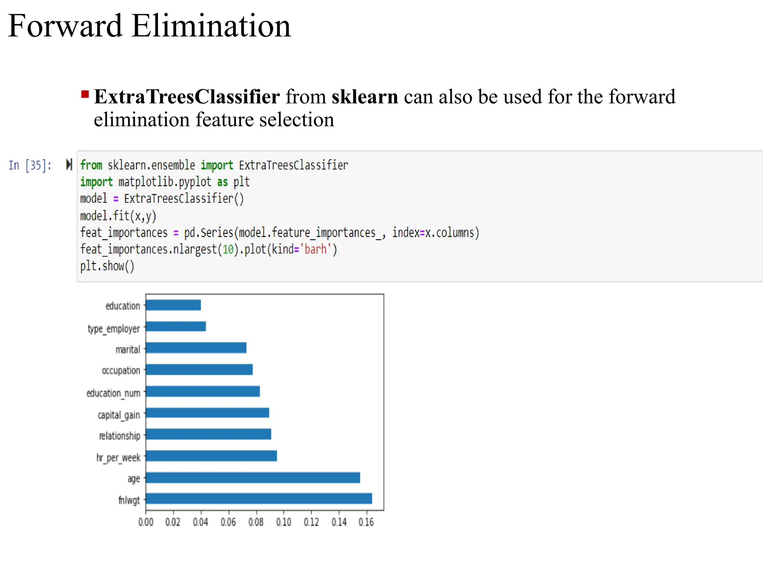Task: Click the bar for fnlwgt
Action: click(259, 499)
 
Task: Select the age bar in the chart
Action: click(253, 477)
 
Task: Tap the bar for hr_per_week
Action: click(211, 456)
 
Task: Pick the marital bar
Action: click(196, 348)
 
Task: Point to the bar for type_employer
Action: click(176, 327)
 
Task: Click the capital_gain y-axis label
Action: click(119, 415)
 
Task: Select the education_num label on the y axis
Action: click(113, 393)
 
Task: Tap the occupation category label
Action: click(121, 371)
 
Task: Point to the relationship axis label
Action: click(120, 436)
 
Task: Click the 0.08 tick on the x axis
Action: click(256, 522)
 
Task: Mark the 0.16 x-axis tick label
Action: click(366, 522)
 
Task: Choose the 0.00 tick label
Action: click(146, 522)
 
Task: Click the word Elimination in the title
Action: click(211, 26)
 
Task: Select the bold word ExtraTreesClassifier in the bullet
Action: click(187, 97)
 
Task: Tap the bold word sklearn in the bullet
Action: click(365, 97)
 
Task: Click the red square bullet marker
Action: click(85, 94)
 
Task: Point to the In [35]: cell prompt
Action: click(30, 165)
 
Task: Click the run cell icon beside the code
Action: click(69, 164)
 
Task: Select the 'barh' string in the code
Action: click(316, 249)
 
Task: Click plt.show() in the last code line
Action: click(107, 266)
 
